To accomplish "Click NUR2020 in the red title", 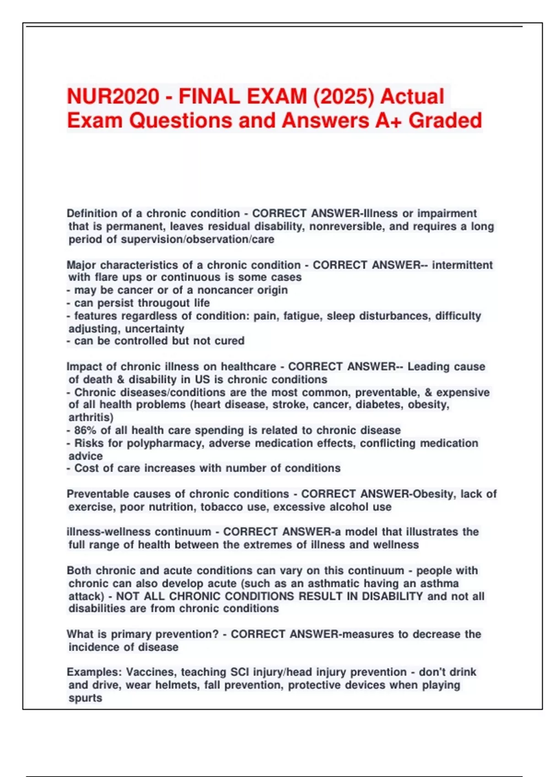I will pyautogui.click(x=113, y=96).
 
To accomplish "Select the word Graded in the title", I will pyautogui.click(x=445, y=121).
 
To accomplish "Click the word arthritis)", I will pyautogui.click(x=91, y=417).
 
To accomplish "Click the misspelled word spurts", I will pyautogui.click(x=85, y=698).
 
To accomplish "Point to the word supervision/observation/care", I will pyautogui.click(x=198, y=239).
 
